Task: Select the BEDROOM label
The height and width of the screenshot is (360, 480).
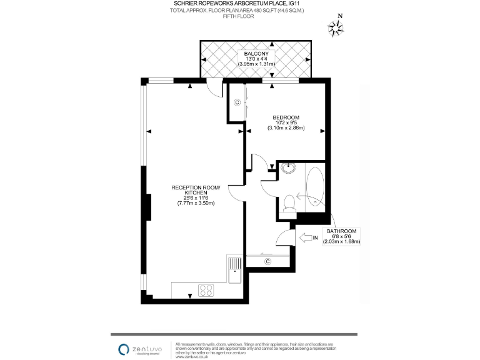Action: [x=286, y=117]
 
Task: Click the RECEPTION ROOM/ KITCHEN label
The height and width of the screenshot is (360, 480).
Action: [x=197, y=190]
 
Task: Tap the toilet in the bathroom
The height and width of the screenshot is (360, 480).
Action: [x=288, y=202]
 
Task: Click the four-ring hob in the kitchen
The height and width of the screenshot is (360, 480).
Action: [x=206, y=290]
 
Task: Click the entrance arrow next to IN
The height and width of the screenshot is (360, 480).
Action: [x=307, y=237]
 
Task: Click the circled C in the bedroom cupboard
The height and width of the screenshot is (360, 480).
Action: [x=237, y=102]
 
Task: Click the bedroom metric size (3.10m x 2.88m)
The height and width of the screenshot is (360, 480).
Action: [x=286, y=128]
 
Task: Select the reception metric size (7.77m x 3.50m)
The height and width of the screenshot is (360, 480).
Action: [x=197, y=203]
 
